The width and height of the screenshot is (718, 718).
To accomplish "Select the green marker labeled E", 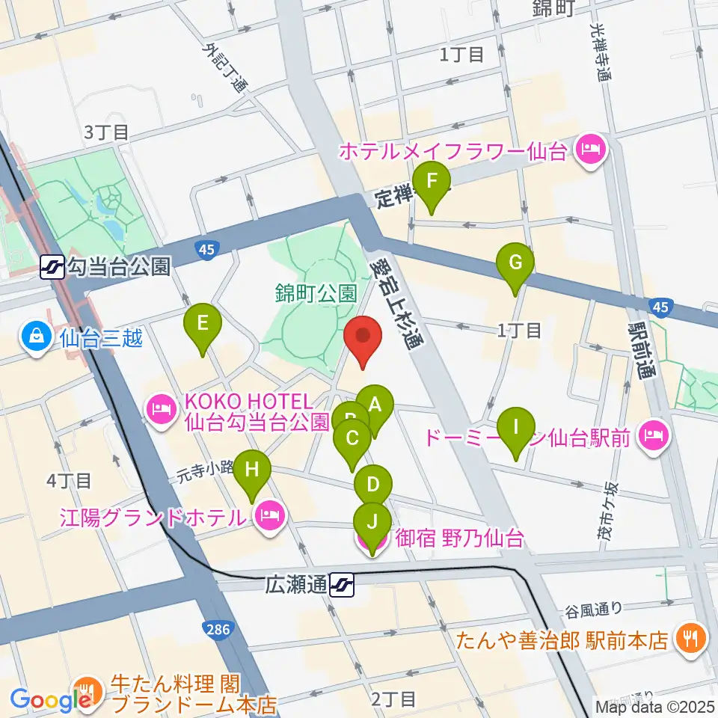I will [x=203, y=325].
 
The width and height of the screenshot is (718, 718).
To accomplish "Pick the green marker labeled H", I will [x=253, y=471].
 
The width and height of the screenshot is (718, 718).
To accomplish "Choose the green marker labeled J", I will [x=372, y=522].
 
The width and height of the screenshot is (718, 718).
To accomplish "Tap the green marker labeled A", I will [x=375, y=405].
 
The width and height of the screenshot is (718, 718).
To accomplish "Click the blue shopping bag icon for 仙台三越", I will [x=36, y=335].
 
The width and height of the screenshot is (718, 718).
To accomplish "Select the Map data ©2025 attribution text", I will [x=654, y=706].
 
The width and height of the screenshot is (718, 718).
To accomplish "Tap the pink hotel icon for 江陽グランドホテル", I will [x=269, y=516].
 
